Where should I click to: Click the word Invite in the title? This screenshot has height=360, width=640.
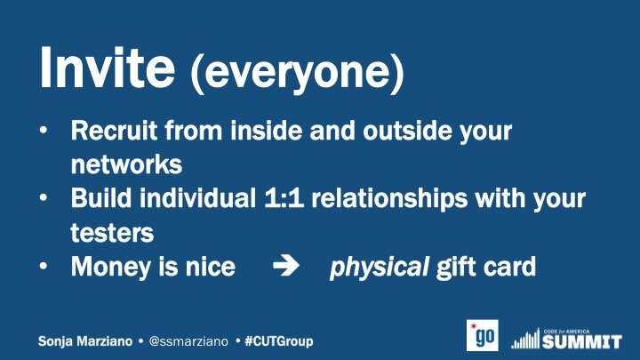(x=107, y=68)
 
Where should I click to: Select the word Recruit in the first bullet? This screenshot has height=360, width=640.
(x=114, y=131)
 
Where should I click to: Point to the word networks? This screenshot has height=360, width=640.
(x=126, y=164)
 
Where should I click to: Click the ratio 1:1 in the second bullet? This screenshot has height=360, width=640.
(x=284, y=198)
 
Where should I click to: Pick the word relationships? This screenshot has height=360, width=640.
(x=389, y=199)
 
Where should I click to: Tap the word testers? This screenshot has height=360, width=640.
(x=112, y=233)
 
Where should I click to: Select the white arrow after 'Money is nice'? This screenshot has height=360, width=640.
(x=285, y=266)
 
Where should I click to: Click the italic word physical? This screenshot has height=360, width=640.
(x=380, y=268)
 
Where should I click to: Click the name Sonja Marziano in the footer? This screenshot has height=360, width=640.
(x=85, y=341)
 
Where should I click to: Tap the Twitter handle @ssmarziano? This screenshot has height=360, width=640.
(x=188, y=341)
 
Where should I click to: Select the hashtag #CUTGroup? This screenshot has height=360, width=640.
(x=279, y=341)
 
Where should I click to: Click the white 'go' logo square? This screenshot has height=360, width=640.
(x=483, y=335)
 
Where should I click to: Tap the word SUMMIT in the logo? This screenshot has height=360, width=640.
(x=582, y=341)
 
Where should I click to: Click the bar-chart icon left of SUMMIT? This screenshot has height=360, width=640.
(x=525, y=339)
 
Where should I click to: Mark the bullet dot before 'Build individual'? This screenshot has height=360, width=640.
(x=44, y=198)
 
